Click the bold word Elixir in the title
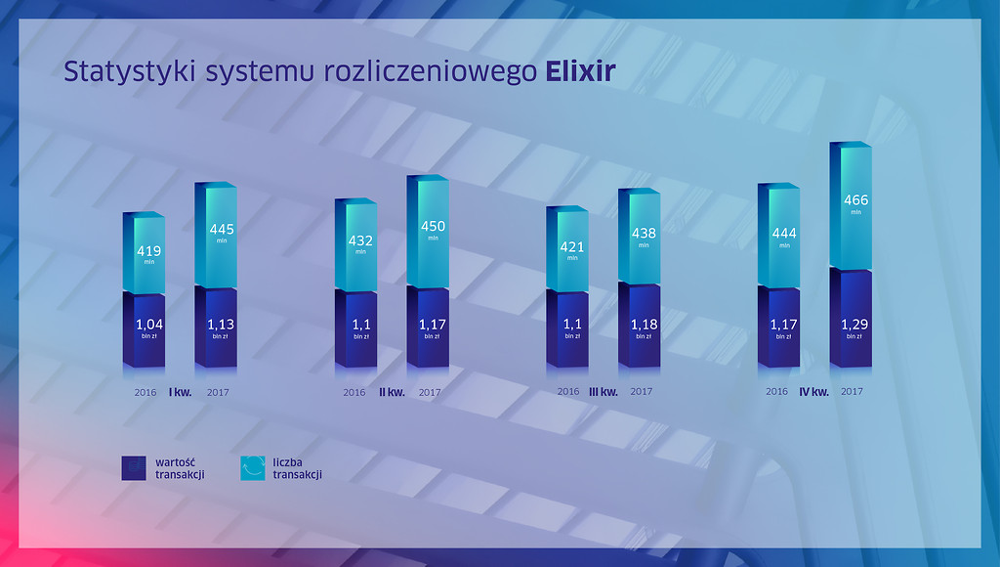[580, 70]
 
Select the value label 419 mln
[149, 254]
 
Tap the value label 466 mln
[855, 203]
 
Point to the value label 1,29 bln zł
[854, 328]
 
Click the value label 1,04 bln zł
[149, 328]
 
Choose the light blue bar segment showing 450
[428, 231]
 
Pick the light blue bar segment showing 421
[567, 249]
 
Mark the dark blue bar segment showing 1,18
[639, 326]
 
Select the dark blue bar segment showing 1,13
[216, 327]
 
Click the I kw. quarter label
[180, 392]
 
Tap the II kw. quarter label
[393, 392]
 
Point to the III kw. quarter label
[604, 392]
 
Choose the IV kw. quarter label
[814, 392]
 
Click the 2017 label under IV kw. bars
[852, 391]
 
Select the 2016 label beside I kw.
[146, 392]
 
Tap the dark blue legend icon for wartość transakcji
[134, 468]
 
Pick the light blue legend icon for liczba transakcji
[253, 468]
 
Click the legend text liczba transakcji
[297, 468]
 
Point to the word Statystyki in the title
[130, 72]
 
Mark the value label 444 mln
[784, 237]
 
